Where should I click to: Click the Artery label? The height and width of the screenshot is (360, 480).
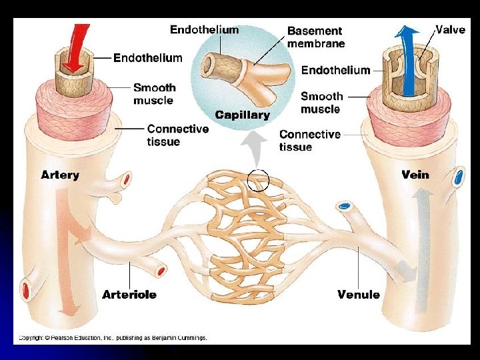[x=60, y=175]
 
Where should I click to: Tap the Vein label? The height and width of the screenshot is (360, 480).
[x=415, y=175]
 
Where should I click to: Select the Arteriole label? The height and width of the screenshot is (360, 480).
[x=129, y=294]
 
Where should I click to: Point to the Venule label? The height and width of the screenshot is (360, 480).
[x=359, y=294]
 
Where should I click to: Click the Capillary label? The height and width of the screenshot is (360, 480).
[x=243, y=115]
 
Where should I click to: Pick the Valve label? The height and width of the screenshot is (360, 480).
[x=451, y=30]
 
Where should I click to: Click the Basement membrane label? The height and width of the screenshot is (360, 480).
[x=316, y=37]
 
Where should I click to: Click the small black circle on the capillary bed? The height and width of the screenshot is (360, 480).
[x=258, y=180]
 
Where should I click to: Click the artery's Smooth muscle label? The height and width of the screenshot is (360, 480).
[x=154, y=94]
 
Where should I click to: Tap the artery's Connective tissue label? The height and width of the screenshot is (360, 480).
[x=177, y=135]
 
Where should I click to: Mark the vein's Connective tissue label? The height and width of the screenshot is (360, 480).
[x=310, y=141]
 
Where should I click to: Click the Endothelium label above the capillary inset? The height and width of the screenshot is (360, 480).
[x=204, y=30]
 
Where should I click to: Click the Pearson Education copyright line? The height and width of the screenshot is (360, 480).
[x=113, y=338]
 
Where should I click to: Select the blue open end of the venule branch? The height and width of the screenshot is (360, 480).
[x=344, y=206]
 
